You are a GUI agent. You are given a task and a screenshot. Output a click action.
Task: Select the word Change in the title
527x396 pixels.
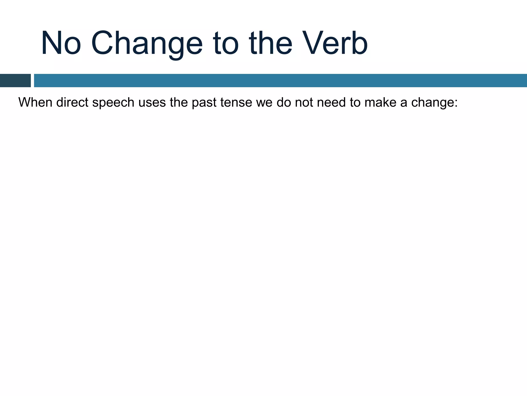coord(147,43)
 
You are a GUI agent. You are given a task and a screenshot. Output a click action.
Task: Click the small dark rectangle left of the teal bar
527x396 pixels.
coord(15,80)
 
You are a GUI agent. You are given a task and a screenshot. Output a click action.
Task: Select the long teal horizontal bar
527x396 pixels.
coord(280,80)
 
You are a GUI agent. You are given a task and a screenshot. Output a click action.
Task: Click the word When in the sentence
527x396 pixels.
coord(35,102)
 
